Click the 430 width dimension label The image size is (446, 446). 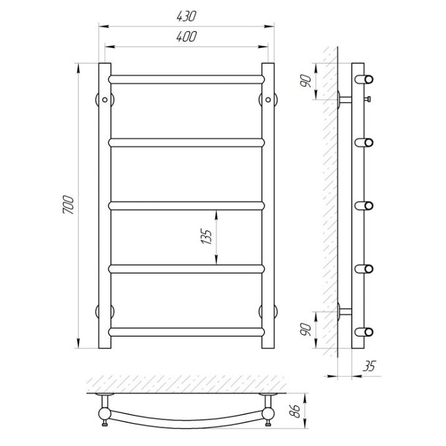click(x=187, y=16)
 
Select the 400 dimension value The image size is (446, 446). click(x=187, y=36)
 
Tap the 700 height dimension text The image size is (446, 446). click(x=69, y=205)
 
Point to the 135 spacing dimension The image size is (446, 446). click(x=207, y=236)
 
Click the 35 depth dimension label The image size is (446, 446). click(x=369, y=366)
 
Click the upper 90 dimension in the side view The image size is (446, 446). click(x=306, y=80)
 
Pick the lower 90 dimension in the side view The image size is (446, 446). click(x=306, y=329)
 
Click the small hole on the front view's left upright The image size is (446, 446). click(x=105, y=100)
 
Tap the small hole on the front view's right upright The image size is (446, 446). click(x=268, y=100)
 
